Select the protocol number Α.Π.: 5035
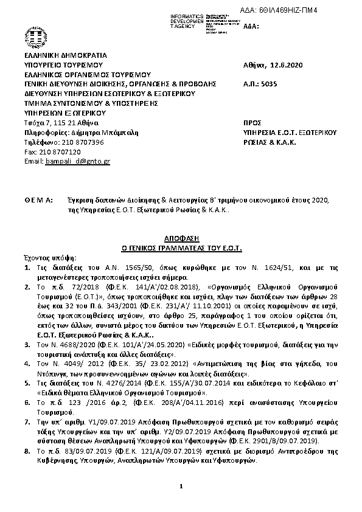tap(259, 84)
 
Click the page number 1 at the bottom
tap(181, 486)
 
